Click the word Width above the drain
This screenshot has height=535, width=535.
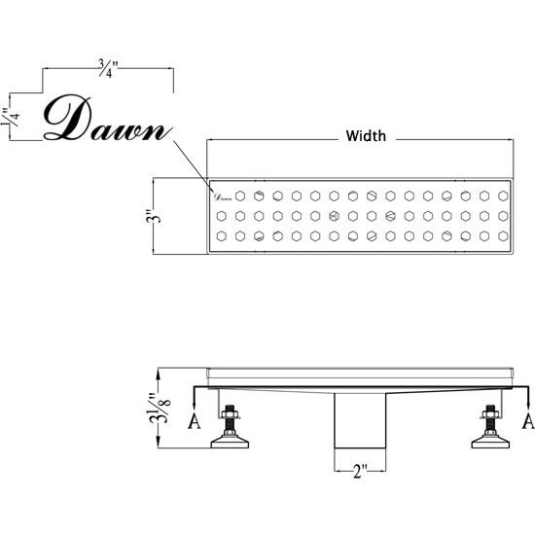[x=366, y=136]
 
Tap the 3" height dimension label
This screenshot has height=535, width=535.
[x=153, y=216]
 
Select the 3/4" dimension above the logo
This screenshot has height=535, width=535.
[x=108, y=69]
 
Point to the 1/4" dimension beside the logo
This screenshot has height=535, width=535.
[x=10, y=117]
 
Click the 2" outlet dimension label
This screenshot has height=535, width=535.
[x=360, y=472]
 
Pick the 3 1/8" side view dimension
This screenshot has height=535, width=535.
[x=160, y=408]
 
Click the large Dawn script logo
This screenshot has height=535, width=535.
[x=107, y=118]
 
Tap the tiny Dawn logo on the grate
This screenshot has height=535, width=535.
[x=223, y=196]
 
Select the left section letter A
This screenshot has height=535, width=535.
[x=195, y=421]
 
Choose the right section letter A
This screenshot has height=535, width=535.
[x=528, y=421]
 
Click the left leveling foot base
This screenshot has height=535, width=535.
[x=230, y=443]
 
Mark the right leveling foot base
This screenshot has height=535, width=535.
[x=490, y=443]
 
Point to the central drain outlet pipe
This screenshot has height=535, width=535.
[x=360, y=420]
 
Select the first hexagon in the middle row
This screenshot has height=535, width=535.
[x=222, y=216]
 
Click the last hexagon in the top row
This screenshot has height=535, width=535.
[x=503, y=196]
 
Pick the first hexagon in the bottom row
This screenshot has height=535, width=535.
[x=222, y=235]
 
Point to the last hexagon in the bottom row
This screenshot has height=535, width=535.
[x=503, y=235]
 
